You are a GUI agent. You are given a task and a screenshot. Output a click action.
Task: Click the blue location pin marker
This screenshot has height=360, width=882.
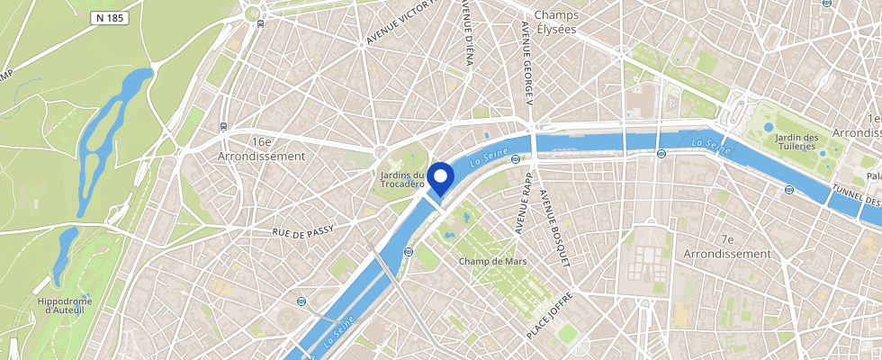(x=440, y=178)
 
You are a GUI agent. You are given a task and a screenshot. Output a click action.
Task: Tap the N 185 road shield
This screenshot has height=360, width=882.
(x=110, y=17)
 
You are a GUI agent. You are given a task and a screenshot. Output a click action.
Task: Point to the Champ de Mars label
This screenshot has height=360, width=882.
(x=492, y=261)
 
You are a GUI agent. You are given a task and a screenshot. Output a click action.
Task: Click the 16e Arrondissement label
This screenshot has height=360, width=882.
(x=262, y=148)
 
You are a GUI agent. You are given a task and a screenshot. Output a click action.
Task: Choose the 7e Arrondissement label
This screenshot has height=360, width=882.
(x=728, y=247)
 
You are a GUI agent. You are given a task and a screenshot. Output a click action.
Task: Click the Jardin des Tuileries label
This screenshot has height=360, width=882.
(x=797, y=143)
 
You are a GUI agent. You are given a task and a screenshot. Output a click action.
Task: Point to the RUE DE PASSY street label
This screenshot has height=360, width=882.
(x=303, y=231)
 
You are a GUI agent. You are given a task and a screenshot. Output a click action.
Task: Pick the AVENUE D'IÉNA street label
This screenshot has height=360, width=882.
(x=467, y=31)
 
